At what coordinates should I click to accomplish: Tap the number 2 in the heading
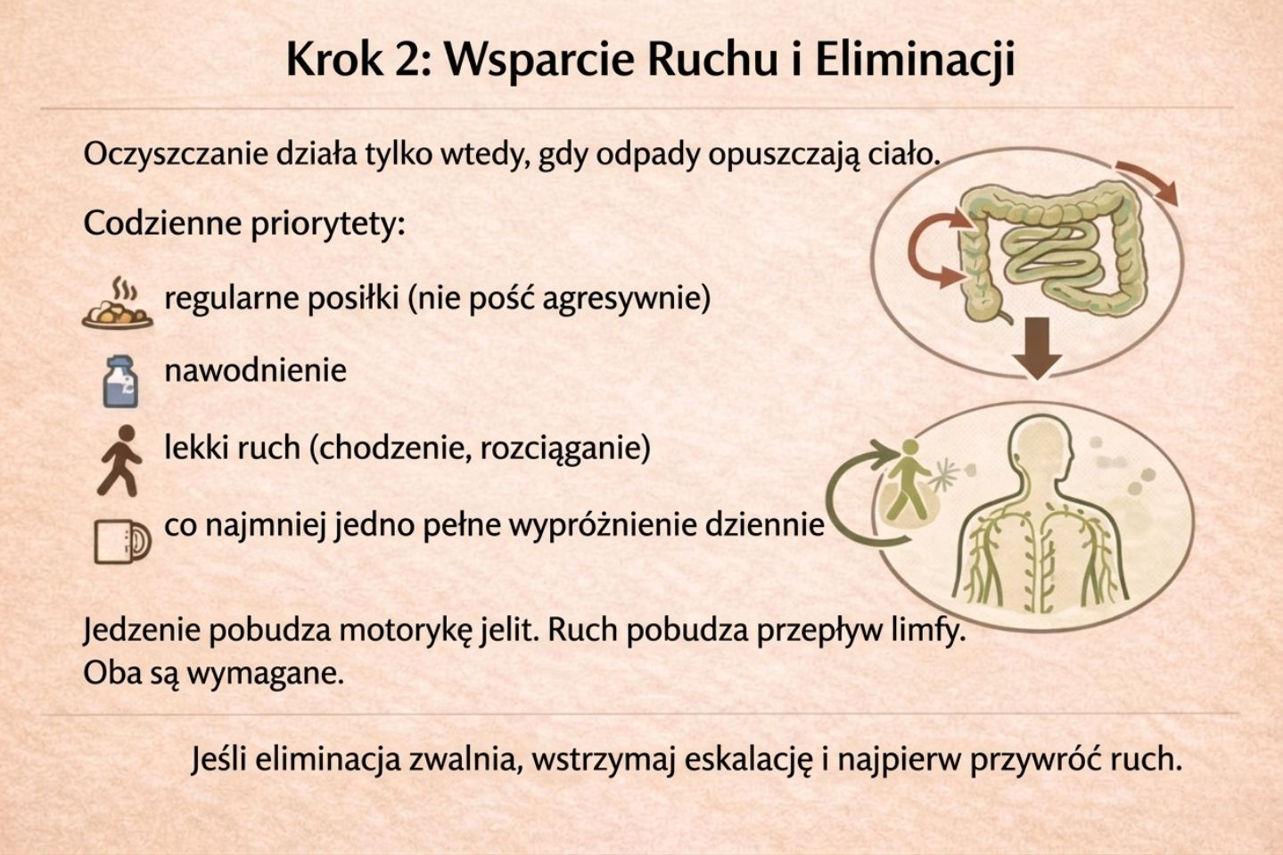click(407, 61)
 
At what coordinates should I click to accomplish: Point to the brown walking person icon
click(119, 459)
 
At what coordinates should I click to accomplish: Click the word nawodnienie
click(255, 370)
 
